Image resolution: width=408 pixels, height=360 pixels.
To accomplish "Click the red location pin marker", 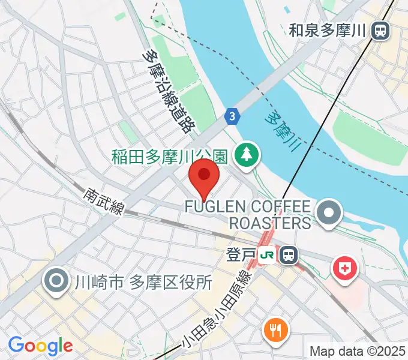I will click(x=204, y=178).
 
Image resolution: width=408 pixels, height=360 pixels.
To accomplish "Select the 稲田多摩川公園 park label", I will click(x=170, y=157).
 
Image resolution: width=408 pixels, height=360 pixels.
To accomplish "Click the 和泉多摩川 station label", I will click(x=327, y=30).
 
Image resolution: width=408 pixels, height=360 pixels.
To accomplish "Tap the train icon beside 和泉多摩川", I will click(x=380, y=30).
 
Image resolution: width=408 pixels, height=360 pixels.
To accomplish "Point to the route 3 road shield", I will click(x=232, y=117).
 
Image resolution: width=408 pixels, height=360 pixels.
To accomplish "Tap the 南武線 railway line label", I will click(x=104, y=202).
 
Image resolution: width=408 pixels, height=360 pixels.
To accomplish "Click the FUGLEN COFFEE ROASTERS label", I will click(x=248, y=215).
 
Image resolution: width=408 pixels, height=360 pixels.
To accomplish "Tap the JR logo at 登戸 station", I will click(x=268, y=254).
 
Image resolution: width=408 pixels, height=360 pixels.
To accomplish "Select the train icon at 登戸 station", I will click(x=289, y=254).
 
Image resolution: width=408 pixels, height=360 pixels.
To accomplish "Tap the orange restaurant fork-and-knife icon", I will click(x=275, y=329).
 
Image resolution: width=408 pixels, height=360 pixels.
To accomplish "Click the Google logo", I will click(x=40, y=346).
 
